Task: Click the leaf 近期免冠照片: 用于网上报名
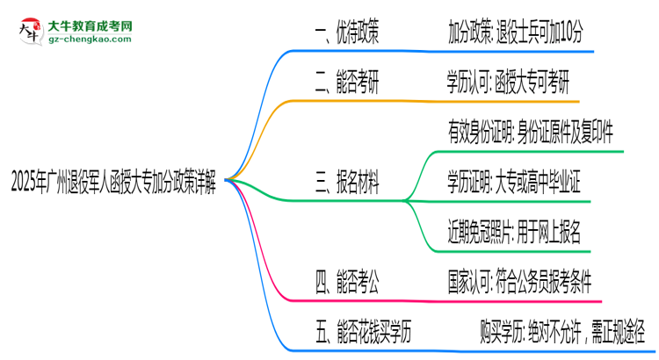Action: coord(514,232)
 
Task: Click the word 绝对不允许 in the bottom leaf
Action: coord(554,331)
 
